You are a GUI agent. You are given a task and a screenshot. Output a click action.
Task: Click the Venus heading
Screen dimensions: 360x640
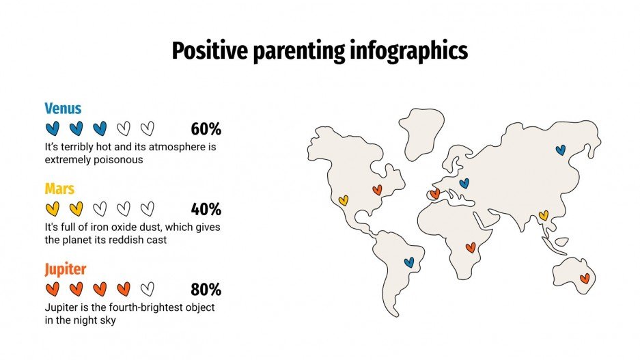click(63, 109)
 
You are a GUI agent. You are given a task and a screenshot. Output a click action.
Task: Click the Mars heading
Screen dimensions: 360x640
click(59, 189)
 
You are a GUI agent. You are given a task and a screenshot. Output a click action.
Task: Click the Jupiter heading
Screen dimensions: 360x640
click(66, 268)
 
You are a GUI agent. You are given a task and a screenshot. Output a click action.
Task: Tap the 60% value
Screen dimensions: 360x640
click(206, 129)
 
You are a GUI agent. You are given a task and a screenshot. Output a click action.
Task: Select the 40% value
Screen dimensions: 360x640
click(206, 209)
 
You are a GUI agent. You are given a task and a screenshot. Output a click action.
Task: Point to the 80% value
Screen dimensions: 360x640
click(206, 289)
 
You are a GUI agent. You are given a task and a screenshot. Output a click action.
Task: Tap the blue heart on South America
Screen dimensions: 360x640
click(409, 262)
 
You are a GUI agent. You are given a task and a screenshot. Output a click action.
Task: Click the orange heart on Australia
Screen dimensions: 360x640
click(585, 278)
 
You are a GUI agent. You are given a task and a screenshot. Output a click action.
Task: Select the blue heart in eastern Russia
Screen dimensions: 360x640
click(561, 150)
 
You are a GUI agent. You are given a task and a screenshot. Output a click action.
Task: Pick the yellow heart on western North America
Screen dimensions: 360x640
click(344, 200)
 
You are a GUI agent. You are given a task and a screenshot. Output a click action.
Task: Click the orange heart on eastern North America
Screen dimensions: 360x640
click(377, 189)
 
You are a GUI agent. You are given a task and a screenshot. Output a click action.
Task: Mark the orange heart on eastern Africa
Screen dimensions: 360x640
click(470, 247)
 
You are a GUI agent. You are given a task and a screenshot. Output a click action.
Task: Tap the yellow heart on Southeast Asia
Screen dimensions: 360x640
click(544, 216)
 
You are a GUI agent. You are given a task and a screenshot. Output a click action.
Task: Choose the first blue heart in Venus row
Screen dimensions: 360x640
click(53, 128)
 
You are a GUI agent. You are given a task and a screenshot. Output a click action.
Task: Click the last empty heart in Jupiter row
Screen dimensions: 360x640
click(148, 288)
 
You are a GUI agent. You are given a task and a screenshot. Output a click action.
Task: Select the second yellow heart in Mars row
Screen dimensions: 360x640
click(76, 208)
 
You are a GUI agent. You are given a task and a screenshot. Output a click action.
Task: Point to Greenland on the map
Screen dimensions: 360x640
click(421, 131)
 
